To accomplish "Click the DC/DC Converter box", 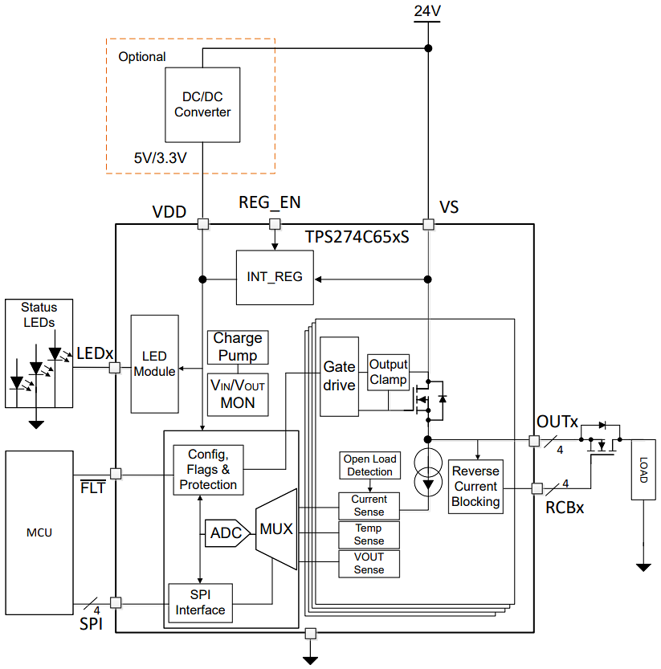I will pos(202,104).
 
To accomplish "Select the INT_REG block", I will pos(275,277).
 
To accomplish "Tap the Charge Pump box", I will pos(238,347).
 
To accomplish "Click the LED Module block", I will pos(154,364).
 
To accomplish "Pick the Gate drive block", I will pos(339,376).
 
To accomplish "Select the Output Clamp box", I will pos(388,372).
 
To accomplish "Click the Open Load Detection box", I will pos(369,465).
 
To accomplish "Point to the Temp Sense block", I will pos(369,534).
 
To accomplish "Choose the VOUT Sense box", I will pos(369,563).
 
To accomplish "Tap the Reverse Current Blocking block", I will pos(475,486).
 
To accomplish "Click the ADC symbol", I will pos(226,532).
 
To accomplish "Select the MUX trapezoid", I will pos(275,529).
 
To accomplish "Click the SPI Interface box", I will pos(200,602).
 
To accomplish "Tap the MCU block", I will pos(39,532).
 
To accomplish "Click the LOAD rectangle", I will pos(643,470).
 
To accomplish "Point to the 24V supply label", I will pos(426,11).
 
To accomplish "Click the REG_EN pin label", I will pos(270,202).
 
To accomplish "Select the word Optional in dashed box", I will pos(142,57).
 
